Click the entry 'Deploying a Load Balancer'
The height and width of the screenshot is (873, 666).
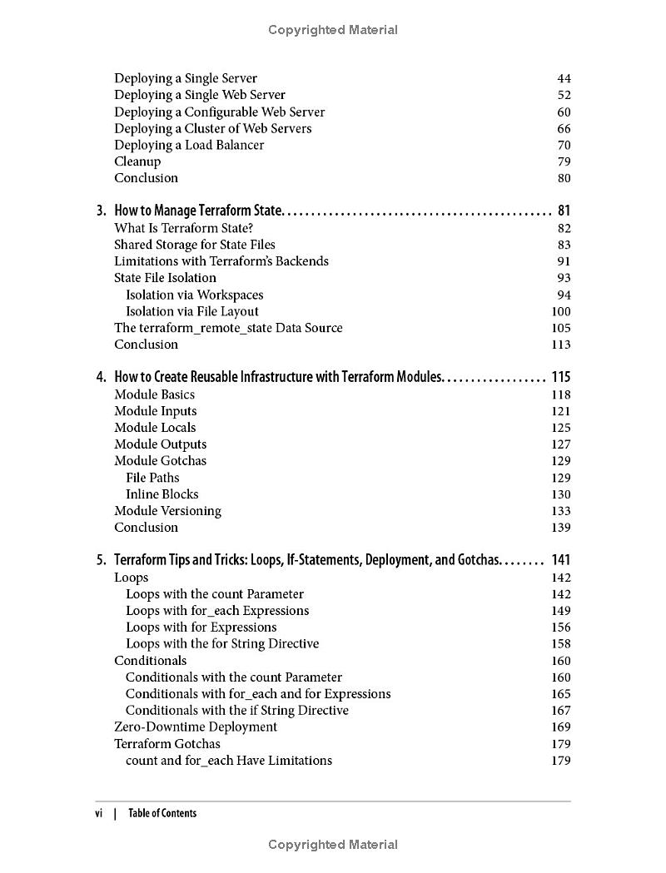(189, 145)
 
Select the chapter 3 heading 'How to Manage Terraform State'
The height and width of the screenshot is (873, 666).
(199, 211)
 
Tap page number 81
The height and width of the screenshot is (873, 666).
(564, 211)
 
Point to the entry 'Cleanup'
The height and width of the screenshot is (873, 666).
(137, 161)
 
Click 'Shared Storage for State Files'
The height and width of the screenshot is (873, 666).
(195, 245)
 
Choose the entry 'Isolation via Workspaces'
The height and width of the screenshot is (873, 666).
(194, 295)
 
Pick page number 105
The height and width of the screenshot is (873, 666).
(561, 328)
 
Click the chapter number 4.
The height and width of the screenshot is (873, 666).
(100, 377)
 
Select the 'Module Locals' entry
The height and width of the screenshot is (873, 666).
(155, 428)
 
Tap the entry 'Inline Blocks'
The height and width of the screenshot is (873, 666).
(162, 494)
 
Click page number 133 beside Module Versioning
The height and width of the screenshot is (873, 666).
(561, 511)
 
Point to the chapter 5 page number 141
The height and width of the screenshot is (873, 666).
(561, 560)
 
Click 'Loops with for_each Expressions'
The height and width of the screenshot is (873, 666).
(217, 611)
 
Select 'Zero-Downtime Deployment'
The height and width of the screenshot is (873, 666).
(196, 727)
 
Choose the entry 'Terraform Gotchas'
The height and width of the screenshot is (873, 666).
(167, 744)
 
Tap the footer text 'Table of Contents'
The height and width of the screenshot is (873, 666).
(162, 813)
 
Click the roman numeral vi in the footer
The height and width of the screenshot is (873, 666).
(99, 813)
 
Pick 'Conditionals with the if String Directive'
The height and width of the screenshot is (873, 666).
(237, 711)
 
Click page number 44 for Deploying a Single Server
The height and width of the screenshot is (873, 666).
(564, 78)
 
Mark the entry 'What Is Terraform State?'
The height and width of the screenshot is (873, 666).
(183, 228)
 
